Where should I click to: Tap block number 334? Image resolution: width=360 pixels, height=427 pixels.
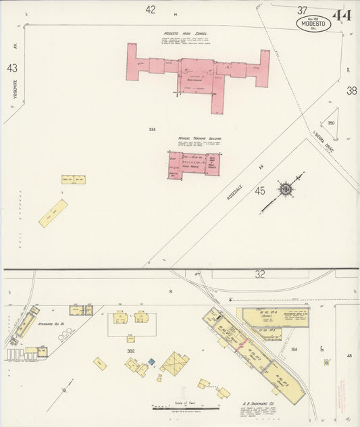click(153, 128)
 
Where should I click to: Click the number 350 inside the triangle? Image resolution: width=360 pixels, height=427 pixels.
click(331, 123)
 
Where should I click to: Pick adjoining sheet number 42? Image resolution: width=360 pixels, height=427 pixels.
click(150, 9)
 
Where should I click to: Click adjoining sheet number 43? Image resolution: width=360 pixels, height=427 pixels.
click(11, 68)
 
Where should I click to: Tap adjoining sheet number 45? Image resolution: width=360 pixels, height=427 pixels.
click(260, 191)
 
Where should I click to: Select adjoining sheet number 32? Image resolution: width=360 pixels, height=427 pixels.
click(259, 274)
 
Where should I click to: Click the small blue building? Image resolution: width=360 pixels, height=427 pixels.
click(151, 361)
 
